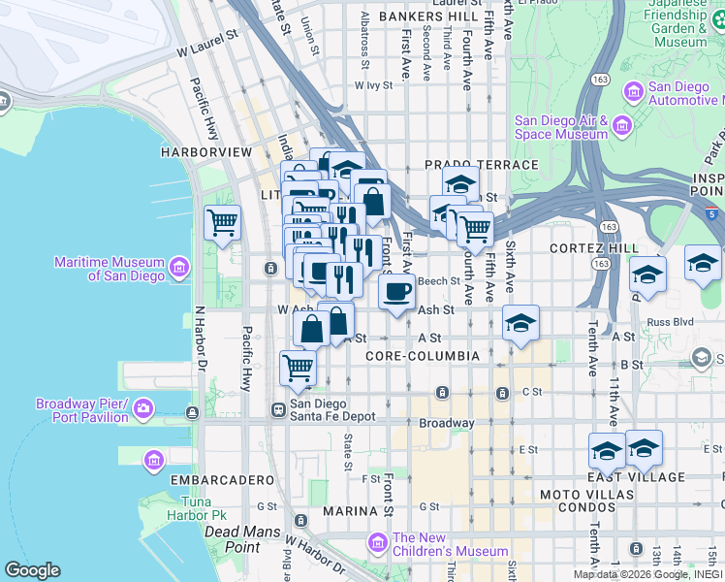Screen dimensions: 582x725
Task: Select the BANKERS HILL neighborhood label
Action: (428, 17)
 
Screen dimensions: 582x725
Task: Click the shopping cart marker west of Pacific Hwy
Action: (223, 222)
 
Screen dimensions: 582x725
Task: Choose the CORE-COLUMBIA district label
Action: (423, 356)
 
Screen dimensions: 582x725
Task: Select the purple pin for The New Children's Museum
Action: (379, 541)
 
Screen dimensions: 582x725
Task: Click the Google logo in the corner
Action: (32, 570)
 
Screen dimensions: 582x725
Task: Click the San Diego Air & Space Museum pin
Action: (621, 125)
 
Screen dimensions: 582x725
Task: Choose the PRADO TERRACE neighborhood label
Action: (481, 165)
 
